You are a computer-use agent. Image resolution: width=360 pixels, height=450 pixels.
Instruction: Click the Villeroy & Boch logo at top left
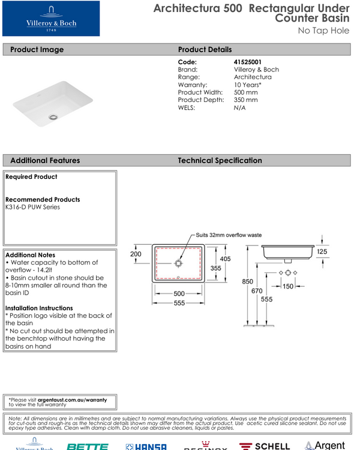tap(50, 18)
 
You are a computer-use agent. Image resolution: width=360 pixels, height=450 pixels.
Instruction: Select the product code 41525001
tap(247, 62)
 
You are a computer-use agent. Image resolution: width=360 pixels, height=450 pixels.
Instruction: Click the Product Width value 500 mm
tap(245, 92)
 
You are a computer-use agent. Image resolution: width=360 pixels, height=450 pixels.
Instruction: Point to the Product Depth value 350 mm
tap(245, 100)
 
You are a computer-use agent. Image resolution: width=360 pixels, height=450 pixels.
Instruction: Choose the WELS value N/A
tap(239, 108)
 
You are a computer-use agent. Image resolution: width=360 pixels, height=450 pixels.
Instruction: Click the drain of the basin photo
tap(54, 116)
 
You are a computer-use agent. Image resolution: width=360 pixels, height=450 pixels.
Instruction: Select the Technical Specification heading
tap(220, 161)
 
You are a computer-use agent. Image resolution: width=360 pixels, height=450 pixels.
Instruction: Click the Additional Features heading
tap(45, 161)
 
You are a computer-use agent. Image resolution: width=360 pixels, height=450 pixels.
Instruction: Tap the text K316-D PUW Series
tap(32, 208)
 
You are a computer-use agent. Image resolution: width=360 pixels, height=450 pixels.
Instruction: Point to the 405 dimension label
tap(224, 259)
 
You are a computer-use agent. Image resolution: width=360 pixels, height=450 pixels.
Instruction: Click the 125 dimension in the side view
tap(322, 252)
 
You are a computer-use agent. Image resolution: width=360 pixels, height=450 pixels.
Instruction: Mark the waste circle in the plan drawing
tap(178, 263)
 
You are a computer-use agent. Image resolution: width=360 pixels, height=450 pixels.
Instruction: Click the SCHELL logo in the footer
tap(264, 446)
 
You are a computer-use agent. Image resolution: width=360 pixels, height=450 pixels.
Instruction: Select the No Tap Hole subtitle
tap(323, 31)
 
